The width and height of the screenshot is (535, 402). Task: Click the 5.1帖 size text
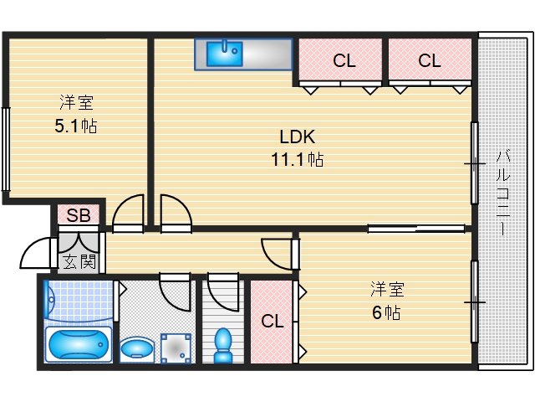pos(76,126)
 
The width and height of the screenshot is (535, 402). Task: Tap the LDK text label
pos(297,137)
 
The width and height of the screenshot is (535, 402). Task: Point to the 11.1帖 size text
pos(297,159)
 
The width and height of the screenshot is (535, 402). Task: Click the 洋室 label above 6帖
pos(387,290)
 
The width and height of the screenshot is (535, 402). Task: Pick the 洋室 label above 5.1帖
pos(76,104)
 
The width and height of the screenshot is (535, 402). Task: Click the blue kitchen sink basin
pos(223,54)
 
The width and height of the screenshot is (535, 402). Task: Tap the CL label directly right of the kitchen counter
pos(343,60)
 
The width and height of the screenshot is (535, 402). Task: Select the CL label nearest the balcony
pos(429,60)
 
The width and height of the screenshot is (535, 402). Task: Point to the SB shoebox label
pos(79,215)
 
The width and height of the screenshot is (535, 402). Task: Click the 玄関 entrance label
pos(79,261)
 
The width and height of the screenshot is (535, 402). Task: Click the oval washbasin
pos(138,347)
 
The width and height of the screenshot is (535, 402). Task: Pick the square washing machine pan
pos(176,346)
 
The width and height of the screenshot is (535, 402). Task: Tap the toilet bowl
pos(222,343)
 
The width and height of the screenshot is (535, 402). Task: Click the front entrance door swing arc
pos(35,251)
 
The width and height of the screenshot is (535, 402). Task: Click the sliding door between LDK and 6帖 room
pos(415,228)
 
